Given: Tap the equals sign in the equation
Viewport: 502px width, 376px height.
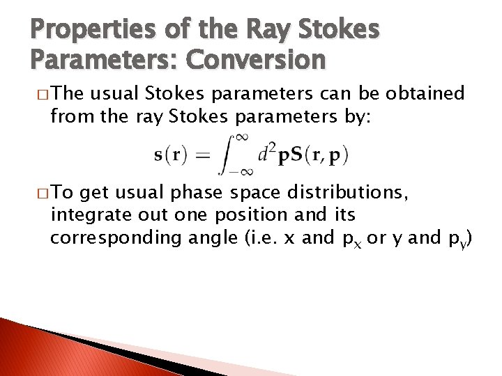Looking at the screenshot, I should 202,155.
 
